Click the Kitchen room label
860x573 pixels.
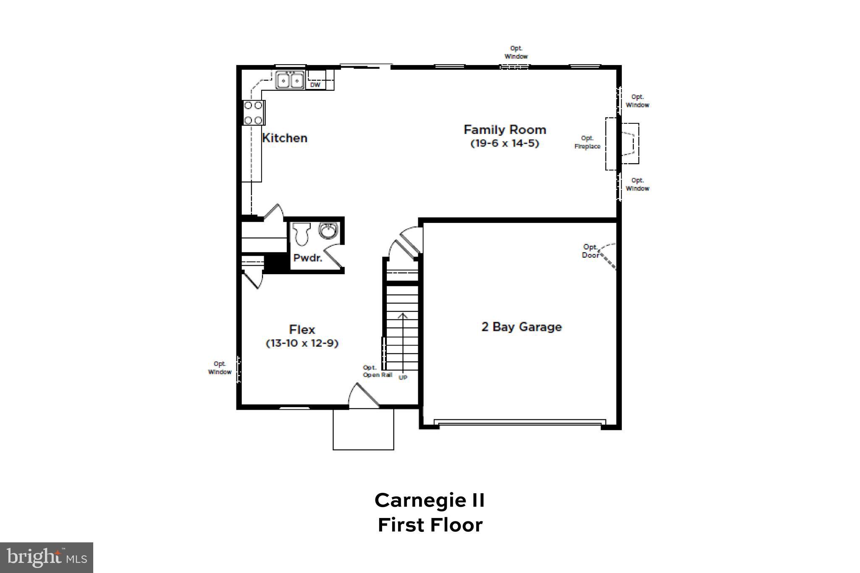click(x=285, y=138)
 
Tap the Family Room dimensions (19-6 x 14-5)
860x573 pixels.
click(x=504, y=144)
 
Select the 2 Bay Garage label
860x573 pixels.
click(x=521, y=327)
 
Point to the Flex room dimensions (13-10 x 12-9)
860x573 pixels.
click(x=302, y=343)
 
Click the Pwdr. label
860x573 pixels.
click(x=307, y=258)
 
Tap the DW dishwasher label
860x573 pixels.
click(x=315, y=85)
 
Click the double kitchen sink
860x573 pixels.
click(x=290, y=80)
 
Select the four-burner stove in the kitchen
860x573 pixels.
click(x=254, y=113)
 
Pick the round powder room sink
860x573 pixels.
click(x=328, y=230)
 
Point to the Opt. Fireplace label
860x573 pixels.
click(x=587, y=142)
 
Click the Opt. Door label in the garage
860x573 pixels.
click(x=590, y=251)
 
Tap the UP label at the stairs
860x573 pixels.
click(x=403, y=377)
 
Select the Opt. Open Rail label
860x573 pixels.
click(x=377, y=372)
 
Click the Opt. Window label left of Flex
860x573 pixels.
click(x=220, y=368)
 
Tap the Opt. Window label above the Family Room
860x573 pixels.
click(x=516, y=52)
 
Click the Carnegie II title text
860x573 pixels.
click(x=430, y=500)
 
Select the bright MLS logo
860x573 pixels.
click(x=47, y=557)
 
